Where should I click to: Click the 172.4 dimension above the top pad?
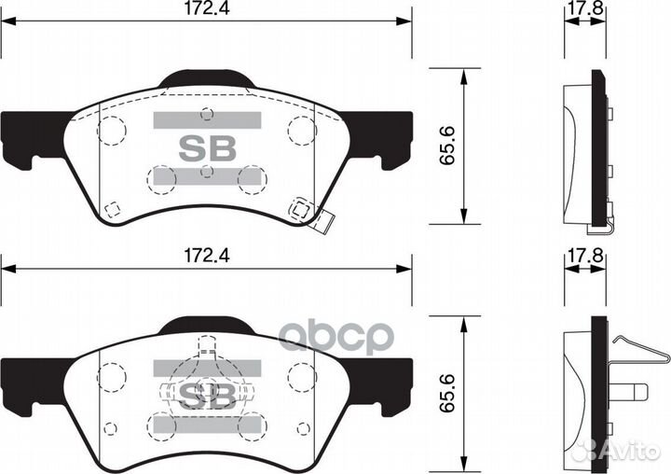pos(207,8)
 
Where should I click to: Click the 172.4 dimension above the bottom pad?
pos(207,256)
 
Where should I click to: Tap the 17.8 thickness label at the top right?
pos(585,8)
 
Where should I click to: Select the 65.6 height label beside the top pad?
pos(447,146)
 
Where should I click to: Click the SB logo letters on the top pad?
pos(208,148)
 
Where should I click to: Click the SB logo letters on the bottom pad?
pos(208,396)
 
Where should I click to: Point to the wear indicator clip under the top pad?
pos(324,222)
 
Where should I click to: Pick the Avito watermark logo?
pos(617,450)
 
